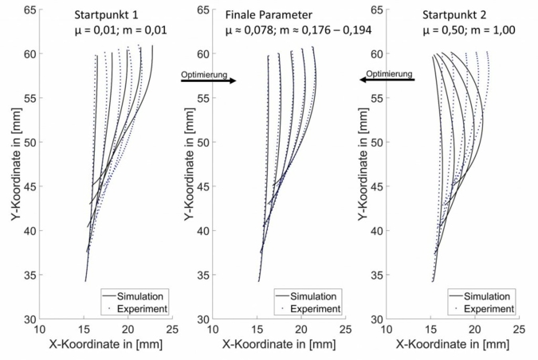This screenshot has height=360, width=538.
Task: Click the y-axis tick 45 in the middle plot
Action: coord(202,186)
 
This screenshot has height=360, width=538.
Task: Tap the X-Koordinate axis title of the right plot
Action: coord(452,346)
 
